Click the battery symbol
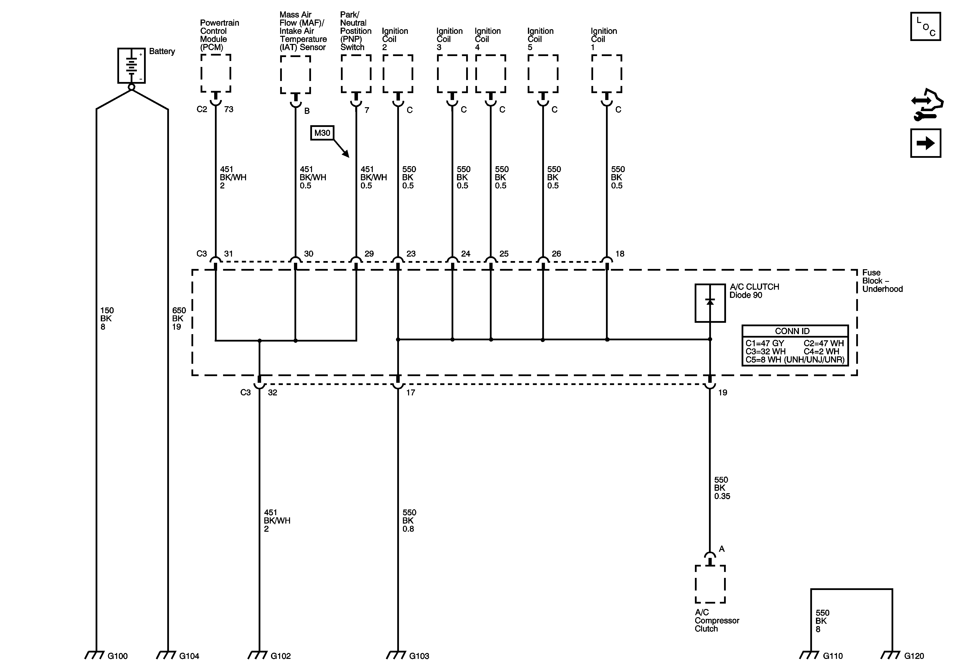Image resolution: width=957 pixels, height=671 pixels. [131, 65]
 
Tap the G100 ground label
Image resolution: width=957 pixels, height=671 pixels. [118, 656]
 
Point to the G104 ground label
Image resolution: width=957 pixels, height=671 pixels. [189, 656]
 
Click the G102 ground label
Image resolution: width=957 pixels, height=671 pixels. [281, 656]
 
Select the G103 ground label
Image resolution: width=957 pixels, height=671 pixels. [419, 656]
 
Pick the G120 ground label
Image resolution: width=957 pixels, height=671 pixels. [914, 656]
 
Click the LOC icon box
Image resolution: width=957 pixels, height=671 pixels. [925, 27]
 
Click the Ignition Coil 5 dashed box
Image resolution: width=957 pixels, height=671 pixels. [543, 74]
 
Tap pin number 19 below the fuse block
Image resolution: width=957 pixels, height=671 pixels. [722, 393]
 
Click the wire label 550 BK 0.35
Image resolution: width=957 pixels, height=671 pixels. [722, 488]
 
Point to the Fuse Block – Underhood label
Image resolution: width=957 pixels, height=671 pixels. [882, 281]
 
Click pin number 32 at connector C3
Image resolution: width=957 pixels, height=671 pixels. [272, 393]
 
